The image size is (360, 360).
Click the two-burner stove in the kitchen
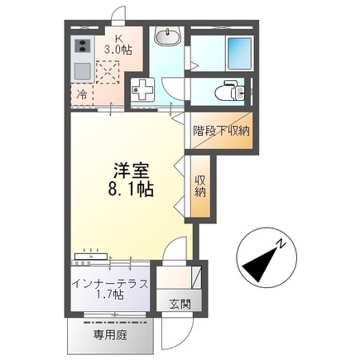83,46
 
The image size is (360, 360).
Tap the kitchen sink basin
83,70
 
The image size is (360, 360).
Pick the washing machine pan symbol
144,89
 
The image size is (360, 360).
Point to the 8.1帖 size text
130,190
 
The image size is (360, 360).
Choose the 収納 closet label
199,186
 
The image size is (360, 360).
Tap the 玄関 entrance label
180,304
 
